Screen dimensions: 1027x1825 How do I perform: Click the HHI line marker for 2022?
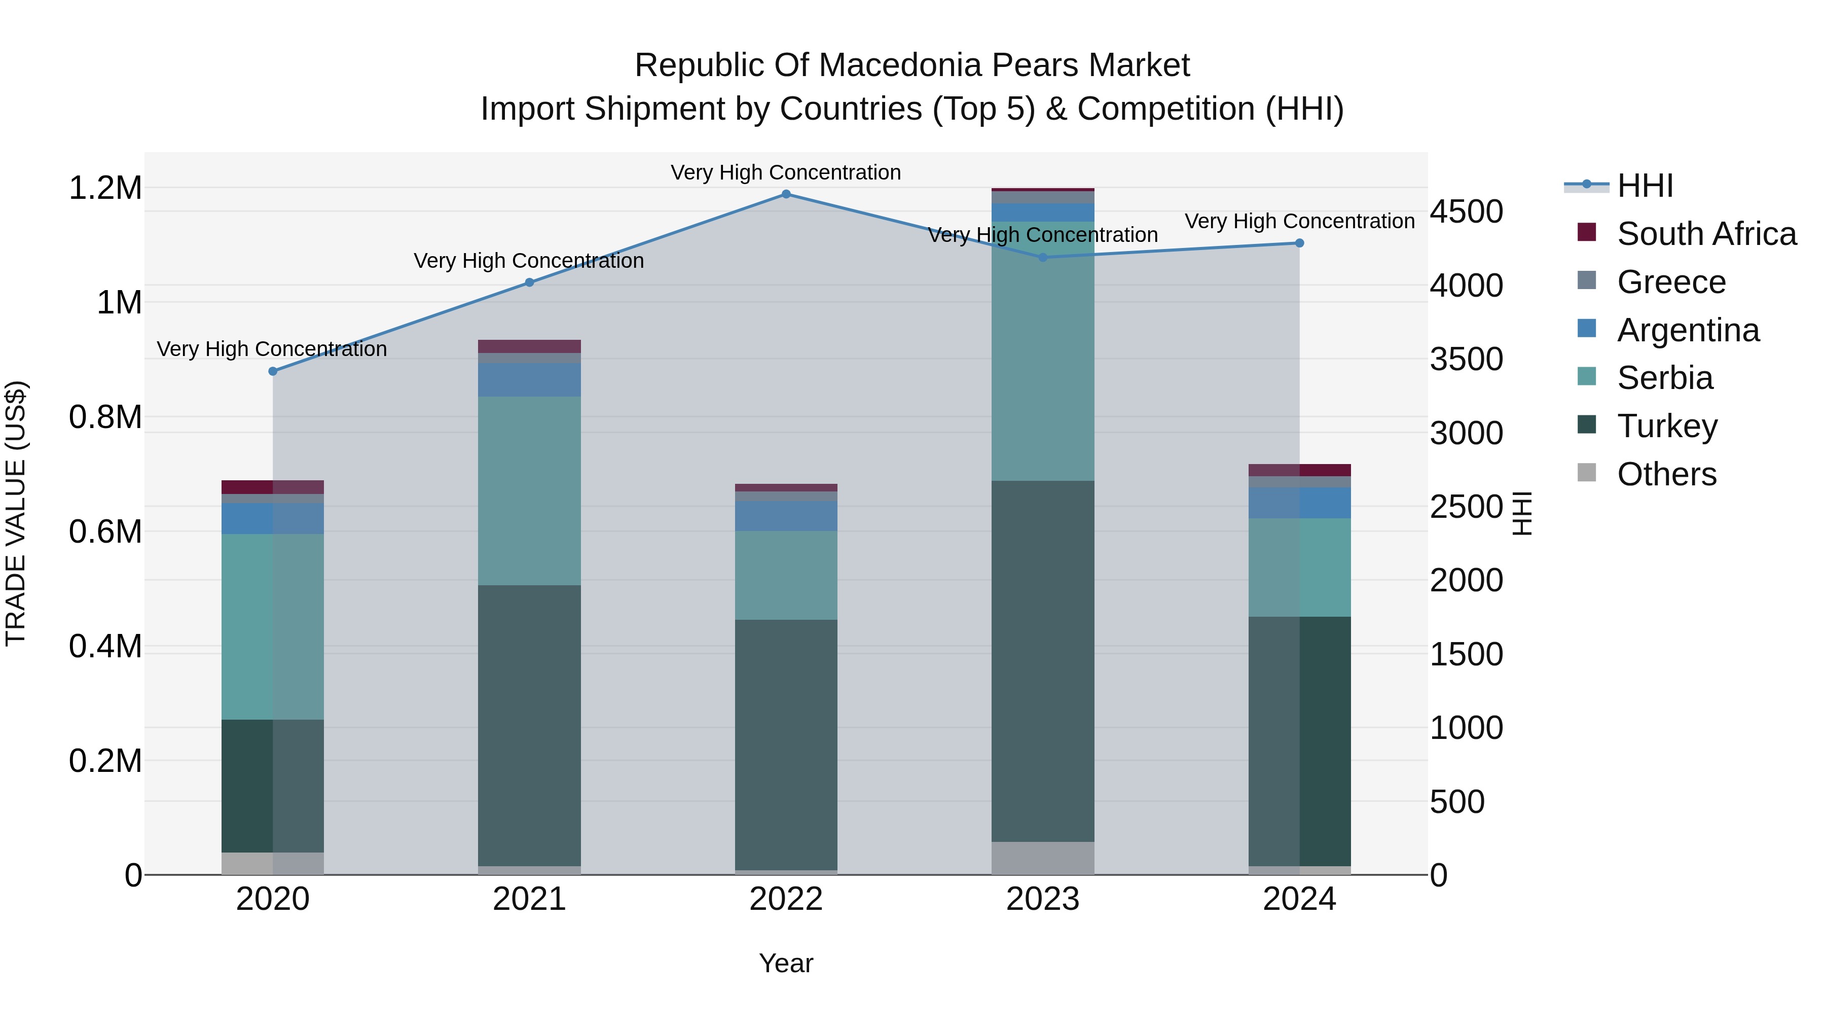[x=786, y=194]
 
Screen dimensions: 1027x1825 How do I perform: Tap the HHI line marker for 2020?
[x=273, y=371]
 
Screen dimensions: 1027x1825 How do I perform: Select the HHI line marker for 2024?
[x=1299, y=243]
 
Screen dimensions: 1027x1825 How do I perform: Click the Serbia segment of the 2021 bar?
[x=529, y=490]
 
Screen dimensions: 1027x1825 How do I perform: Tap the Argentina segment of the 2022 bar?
[x=786, y=516]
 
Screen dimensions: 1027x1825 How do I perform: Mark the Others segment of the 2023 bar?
[x=1042, y=858]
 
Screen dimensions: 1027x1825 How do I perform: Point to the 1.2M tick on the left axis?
[x=105, y=189]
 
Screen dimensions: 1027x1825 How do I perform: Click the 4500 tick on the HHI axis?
[x=1466, y=212]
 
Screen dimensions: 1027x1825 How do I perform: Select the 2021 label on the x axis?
[x=529, y=899]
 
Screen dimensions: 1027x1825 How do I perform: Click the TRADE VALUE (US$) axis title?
[x=16, y=513]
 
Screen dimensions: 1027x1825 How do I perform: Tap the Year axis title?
[x=786, y=963]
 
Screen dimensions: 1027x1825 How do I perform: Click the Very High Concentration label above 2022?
[x=786, y=172]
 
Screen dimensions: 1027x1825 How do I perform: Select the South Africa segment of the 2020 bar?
[x=273, y=487]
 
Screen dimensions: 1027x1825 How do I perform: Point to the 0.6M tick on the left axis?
[x=105, y=532]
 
